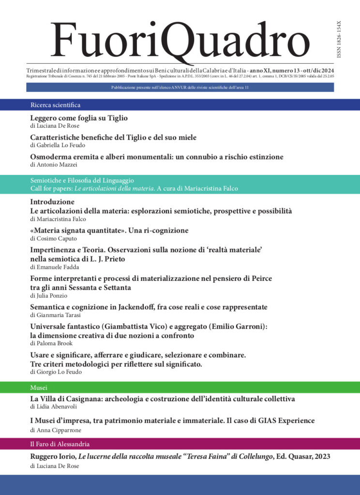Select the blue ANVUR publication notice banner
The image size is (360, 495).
[x=180, y=87]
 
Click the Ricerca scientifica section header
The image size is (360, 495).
[x=55, y=104]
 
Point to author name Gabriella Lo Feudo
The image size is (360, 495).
[x=60, y=145]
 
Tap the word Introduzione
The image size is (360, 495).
[x=52, y=202]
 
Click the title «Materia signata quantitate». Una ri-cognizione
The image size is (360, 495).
[x=109, y=230]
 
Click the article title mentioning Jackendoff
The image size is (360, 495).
[x=149, y=307]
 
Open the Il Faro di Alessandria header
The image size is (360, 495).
[x=60, y=444]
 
